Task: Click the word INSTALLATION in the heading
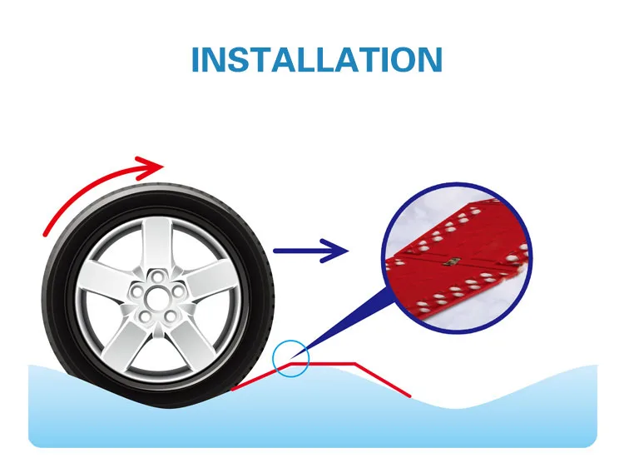pyautogui.click(x=316, y=60)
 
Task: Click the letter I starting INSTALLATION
pyautogui.click(x=196, y=60)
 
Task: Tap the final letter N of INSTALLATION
pyautogui.click(x=426, y=60)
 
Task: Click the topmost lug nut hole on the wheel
pyautogui.click(x=156, y=275)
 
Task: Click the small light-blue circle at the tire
pyautogui.click(x=291, y=358)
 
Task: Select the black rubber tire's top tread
pyautogui.click(x=158, y=193)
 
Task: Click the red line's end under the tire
pyautogui.click(x=233, y=388)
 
